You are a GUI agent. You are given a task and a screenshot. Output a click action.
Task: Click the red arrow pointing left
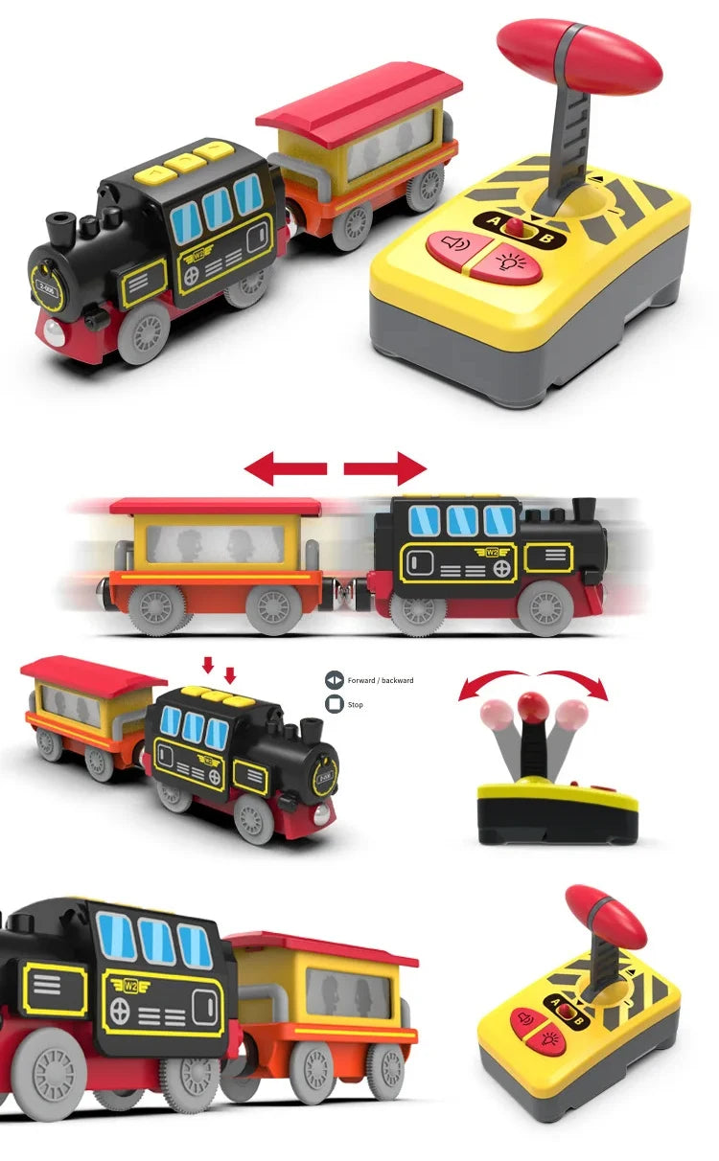click(x=285, y=468)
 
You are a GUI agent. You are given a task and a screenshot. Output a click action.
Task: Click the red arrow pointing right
click(x=385, y=468)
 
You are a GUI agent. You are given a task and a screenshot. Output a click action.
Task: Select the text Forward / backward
click(x=381, y=680)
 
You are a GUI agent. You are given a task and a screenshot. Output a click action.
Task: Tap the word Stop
click(x=356, y=705)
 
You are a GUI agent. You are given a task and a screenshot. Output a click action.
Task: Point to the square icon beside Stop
click(x=334, y=705)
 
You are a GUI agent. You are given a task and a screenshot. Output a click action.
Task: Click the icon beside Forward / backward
click(x=334, y=680)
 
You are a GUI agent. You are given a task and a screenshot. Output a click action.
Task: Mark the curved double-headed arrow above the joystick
click(x=533, y=681)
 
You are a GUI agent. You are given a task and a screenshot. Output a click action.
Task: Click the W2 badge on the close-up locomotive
click(x=128, y=984)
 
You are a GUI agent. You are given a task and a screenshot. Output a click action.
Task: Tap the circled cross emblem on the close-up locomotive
click(x=120, y=1010)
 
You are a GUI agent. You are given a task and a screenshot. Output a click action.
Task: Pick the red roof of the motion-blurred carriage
click(x=215, y=506)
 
